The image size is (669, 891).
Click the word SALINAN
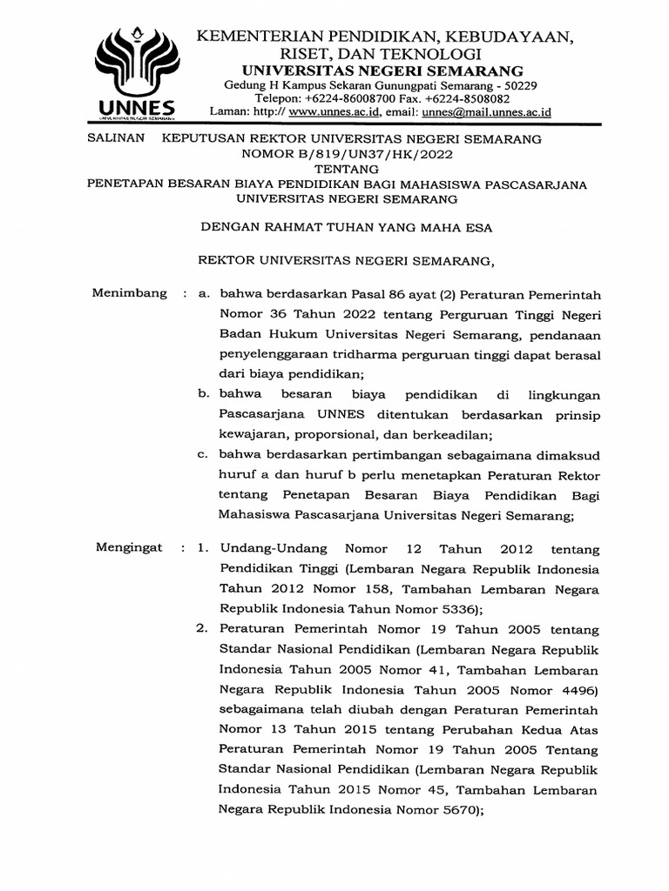point(118,139)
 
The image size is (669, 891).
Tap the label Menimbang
point(129,293)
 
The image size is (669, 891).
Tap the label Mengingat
point(128,548)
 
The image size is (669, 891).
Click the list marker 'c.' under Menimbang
point(201,454)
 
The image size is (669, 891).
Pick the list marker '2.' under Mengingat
point(201,627)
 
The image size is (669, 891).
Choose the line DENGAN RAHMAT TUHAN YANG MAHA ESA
point(347,228)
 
